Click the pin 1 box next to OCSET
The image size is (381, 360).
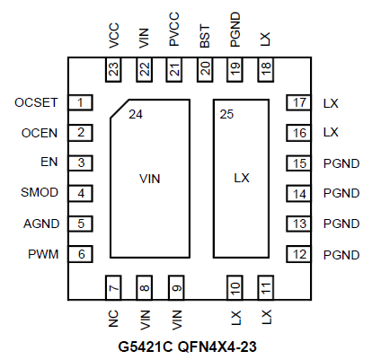(80, 102)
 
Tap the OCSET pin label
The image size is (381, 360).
(36, 102)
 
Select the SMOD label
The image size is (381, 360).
(40, 192)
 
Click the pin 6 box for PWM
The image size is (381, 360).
(80, 254)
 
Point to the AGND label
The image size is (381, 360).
(41, 224)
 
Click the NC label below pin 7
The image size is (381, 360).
(113, 319)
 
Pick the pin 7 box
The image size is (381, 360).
(113, 287)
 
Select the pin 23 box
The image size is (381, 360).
(113, 69)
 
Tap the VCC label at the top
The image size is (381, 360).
(114, 36)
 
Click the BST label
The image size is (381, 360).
(205, 36)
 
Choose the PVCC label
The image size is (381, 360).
(174, 29)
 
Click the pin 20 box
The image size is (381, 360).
(205, 69)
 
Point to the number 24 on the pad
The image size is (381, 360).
(136, 114)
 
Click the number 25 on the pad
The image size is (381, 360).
(226, 114)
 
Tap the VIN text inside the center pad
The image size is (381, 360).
(150, 179)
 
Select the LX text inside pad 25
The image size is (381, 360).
(242, 178)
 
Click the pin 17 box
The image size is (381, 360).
(299, 102)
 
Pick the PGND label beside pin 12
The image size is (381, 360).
(341, 255)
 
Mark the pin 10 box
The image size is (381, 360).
(235, 287)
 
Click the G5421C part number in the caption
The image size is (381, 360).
(146, 347)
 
